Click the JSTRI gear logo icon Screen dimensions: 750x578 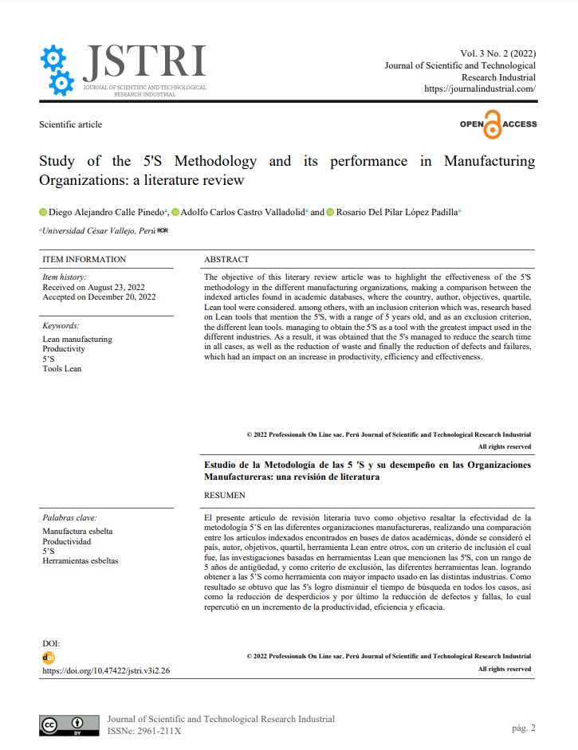click(x=57, y=70)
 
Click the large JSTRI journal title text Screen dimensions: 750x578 click(x=144, y=61)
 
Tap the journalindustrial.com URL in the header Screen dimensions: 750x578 click(x=480, y=89)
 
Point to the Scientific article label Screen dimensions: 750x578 click(x=70, y=124)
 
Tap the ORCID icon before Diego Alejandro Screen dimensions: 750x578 click(x=43, y=212)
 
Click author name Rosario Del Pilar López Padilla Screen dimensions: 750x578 click(x=395, y=212)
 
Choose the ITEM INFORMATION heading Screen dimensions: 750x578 click(x=84, y=259)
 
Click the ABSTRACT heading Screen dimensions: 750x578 click(x=226, y=259)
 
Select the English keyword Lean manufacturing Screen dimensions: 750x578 click(x=77, y=339)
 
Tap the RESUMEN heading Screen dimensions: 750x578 click(x=225, y=495)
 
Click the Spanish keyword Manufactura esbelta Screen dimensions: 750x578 click(x=77, y=531)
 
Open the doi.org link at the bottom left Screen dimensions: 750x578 click(x=106, y=670)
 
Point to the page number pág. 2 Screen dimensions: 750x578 click(x=523, y=728)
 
